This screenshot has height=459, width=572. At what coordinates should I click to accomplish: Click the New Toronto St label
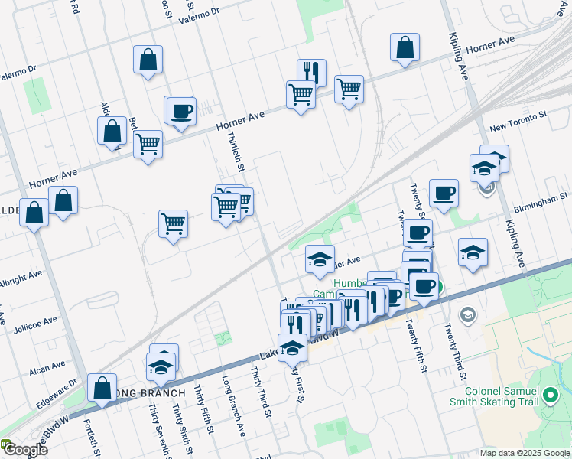point(518,120)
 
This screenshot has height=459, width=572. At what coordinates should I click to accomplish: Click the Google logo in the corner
point(24,450)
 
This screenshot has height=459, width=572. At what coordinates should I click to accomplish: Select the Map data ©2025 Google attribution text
point(525,453)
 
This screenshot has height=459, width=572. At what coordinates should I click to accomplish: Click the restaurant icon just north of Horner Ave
point(311,72)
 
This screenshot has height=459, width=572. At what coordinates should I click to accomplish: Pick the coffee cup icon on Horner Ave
point(181,112)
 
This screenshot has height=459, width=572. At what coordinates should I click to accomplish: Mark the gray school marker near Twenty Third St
point(466,315)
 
